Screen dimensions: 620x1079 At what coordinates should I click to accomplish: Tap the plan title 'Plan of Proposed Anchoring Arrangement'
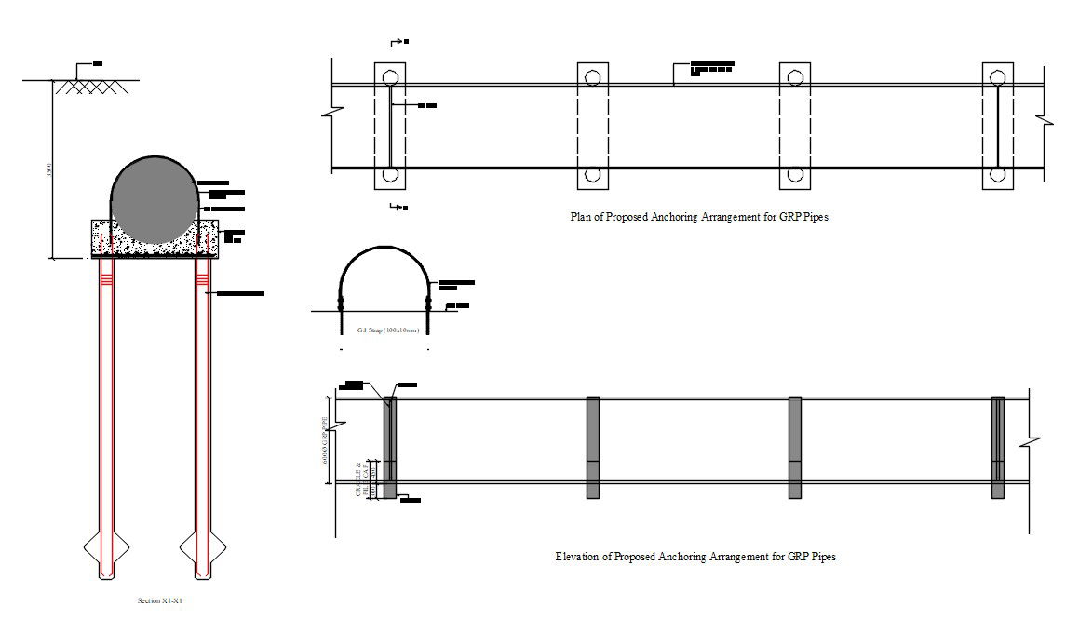pyautogui.click(x=698, y=216)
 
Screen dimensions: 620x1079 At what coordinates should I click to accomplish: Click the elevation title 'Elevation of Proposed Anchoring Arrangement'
pyautogui.click(x=695, y=557)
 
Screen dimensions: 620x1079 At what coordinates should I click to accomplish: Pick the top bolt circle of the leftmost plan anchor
pyautogui.click(x=390, y=76)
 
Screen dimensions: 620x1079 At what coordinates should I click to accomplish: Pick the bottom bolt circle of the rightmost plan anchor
pyautogui.click(x=997, y=174)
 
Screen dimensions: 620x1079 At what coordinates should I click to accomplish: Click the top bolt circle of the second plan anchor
pyautogui.click(x=592, y=76)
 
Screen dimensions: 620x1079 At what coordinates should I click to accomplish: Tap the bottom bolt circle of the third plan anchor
pyautogui.click(x=794, y=174)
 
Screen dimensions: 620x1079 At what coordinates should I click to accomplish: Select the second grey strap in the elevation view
pyautogui.click(x=592, y=448)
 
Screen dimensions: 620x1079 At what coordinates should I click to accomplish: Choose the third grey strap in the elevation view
pyautogui.click(x=795, y=448)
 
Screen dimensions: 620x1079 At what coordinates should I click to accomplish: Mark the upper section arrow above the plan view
pyautogui.click(x=398, y=42)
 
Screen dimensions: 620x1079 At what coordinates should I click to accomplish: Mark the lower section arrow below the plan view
pyautogui.click(x=398, y=207)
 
